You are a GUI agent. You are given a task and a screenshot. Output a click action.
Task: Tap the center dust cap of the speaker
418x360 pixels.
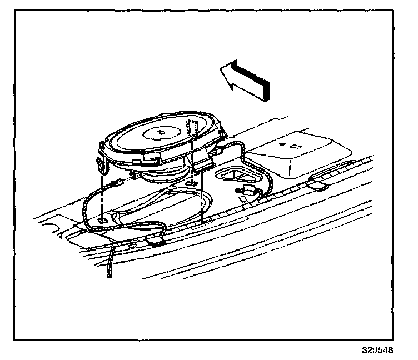(161, 132)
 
